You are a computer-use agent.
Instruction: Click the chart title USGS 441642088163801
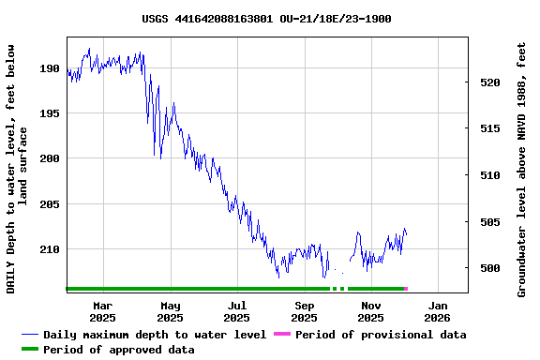tap(267, 19)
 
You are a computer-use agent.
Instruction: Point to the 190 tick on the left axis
tap(50, 68)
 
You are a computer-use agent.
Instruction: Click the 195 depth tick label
tap(50, 113)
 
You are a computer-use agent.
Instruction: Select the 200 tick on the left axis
tap(50, 158)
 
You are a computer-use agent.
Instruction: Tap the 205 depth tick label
tap(50, 204)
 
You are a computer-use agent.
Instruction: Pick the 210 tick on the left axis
tap(50, 249)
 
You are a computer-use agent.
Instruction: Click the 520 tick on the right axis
tap(488, 82)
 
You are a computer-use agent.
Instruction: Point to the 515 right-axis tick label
tap(488, 128)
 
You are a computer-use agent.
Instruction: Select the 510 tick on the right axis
tap(488, 175)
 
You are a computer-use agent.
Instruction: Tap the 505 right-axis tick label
tap(488, 222)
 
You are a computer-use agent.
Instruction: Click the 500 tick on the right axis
tap(488, 268)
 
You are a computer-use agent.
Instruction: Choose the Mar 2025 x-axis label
tap(102, 311)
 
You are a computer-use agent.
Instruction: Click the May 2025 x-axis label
tap(170, 311)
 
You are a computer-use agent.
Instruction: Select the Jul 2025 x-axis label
tap(237, 311)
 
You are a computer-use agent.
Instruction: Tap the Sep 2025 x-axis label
tap(305, 311)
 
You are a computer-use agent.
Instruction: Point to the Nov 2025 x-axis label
tap(371, 311)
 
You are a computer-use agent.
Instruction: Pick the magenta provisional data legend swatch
tap(281, 335)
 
